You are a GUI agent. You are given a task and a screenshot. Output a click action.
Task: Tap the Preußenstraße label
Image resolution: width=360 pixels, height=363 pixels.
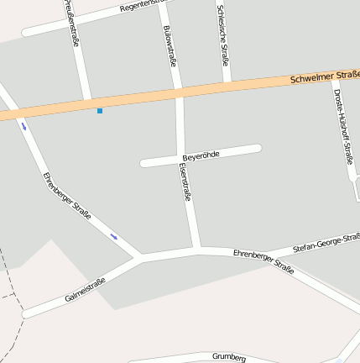(x=71, y=23)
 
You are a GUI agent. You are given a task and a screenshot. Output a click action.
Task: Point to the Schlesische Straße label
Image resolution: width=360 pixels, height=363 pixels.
(x=223, y=32)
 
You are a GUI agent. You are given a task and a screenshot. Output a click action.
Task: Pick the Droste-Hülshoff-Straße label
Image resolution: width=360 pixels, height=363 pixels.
(x=342, y=126)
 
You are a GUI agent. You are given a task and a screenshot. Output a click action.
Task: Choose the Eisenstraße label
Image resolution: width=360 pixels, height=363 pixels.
(x=185, y=181)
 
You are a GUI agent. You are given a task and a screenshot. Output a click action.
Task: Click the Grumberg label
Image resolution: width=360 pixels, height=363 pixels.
(x=229, y=356)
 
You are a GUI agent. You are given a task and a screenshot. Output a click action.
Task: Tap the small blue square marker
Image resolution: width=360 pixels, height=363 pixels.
(x=100, y=111)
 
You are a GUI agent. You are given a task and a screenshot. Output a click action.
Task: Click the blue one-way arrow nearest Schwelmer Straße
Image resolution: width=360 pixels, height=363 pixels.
(x=23, y=127)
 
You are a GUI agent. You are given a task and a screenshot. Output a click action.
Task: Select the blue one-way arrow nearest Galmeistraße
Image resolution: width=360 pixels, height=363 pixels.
(x=114, y=237)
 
